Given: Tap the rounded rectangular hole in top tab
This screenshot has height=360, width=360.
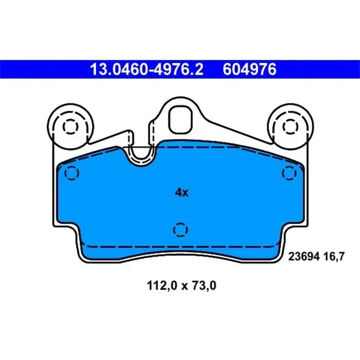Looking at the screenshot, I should coord(181,119).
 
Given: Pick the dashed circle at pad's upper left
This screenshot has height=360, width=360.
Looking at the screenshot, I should coord(71,173).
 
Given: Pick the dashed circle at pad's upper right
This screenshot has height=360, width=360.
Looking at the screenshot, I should coord(287,173).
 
